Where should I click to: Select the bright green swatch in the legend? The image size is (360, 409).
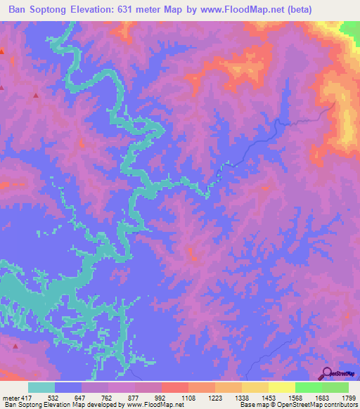click(x=308, y=387)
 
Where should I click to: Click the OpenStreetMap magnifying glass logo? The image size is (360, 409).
click(x=326, y=374)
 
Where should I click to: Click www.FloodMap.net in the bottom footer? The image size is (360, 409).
click(x=160, y=405)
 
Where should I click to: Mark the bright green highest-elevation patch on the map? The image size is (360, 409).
click(x=350, y=30)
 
